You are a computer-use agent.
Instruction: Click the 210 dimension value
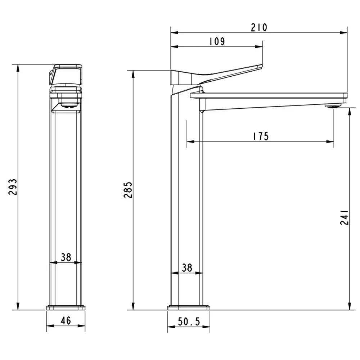pos(259,27)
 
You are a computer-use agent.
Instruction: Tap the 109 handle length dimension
pos(217,41)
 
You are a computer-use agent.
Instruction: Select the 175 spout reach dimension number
pos(261,136)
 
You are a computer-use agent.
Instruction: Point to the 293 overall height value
pos(13,187)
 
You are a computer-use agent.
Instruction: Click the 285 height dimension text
pos(128,190)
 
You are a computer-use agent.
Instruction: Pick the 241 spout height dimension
pos(345,217)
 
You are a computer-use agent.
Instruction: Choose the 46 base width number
pos(66,320)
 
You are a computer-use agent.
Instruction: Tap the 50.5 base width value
pos(189,321)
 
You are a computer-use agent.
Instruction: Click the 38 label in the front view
pos(66,257)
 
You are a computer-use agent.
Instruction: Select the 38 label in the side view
pos(187,268)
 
